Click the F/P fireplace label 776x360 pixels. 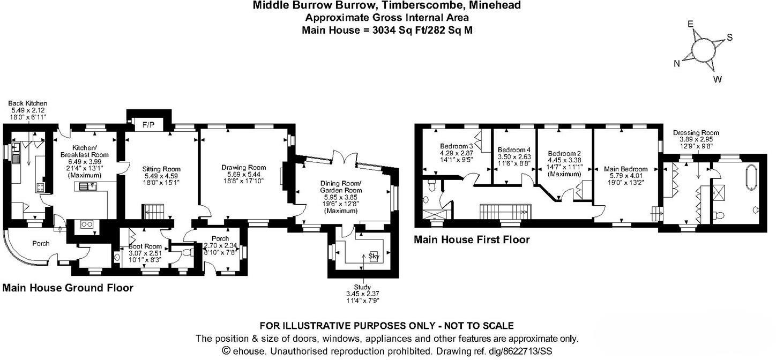click(148, 125)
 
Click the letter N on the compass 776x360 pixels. click(677, 64)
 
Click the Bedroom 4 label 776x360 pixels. click(513, 149)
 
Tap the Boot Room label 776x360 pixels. click(141, 246)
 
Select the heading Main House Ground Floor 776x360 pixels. click(68, 288)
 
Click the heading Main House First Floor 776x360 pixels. click(472, 240)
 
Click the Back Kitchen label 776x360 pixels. click(27, 103)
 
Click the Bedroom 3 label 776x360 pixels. click(456, 146)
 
